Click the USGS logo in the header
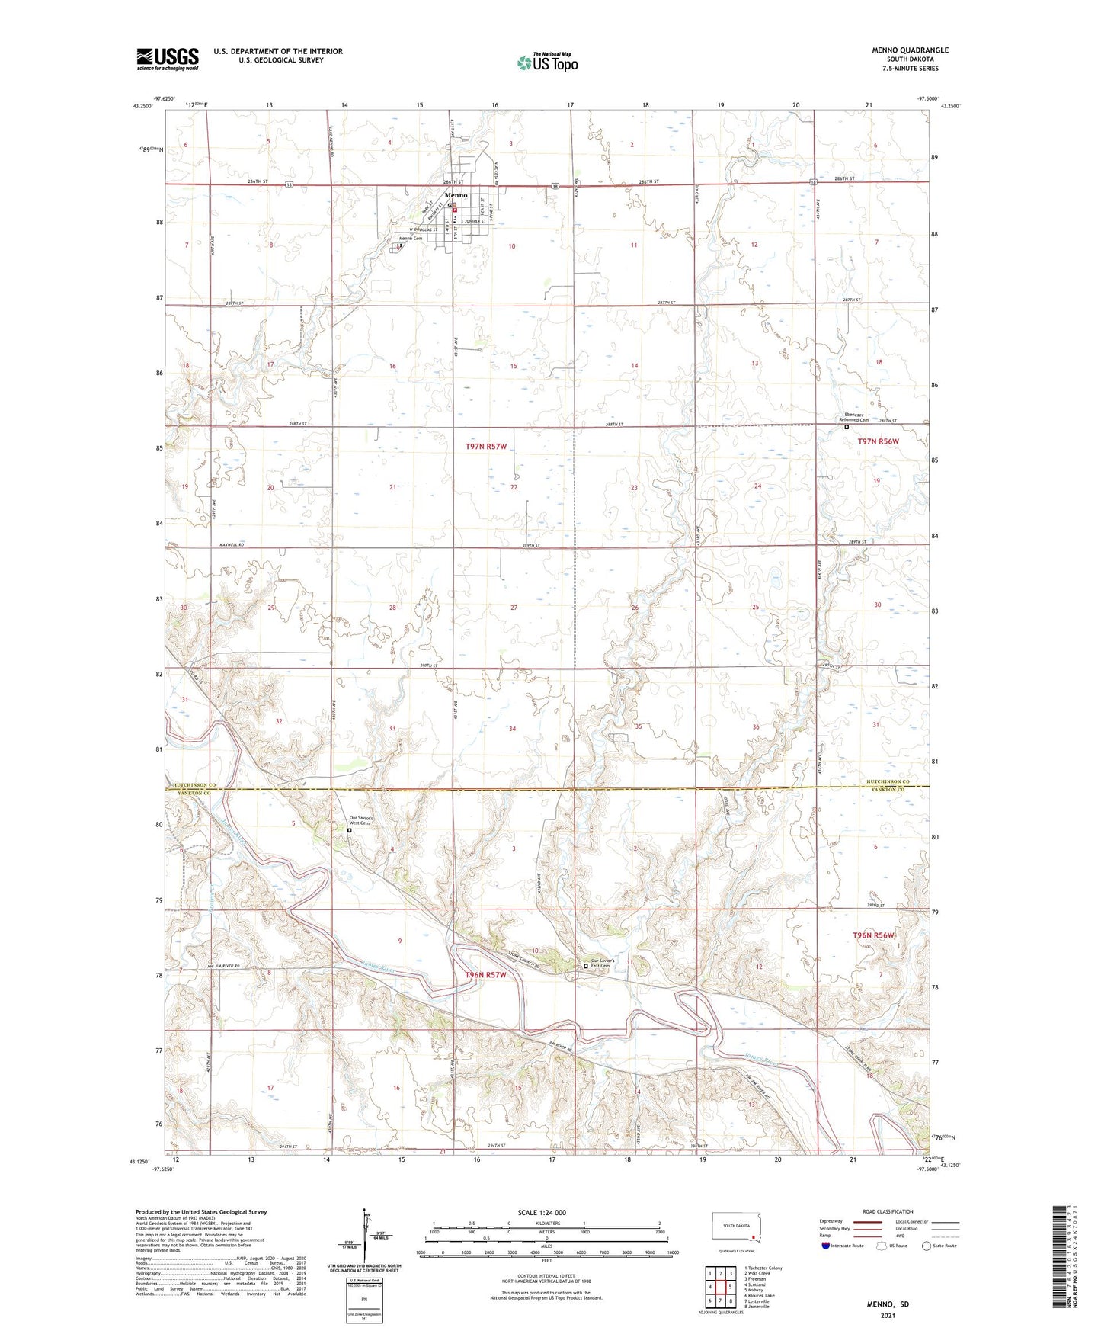tap(168, 59)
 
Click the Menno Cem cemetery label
tap(411, 239)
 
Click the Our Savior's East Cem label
tap(603, 963)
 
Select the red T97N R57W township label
tap(485, 446)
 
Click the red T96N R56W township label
tap(872, 935)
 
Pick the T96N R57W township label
tap(485, 975)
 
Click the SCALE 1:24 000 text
tap(542, 1212)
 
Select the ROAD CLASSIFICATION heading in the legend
tap(888, 1211)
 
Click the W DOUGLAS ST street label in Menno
tap(423, 229)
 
